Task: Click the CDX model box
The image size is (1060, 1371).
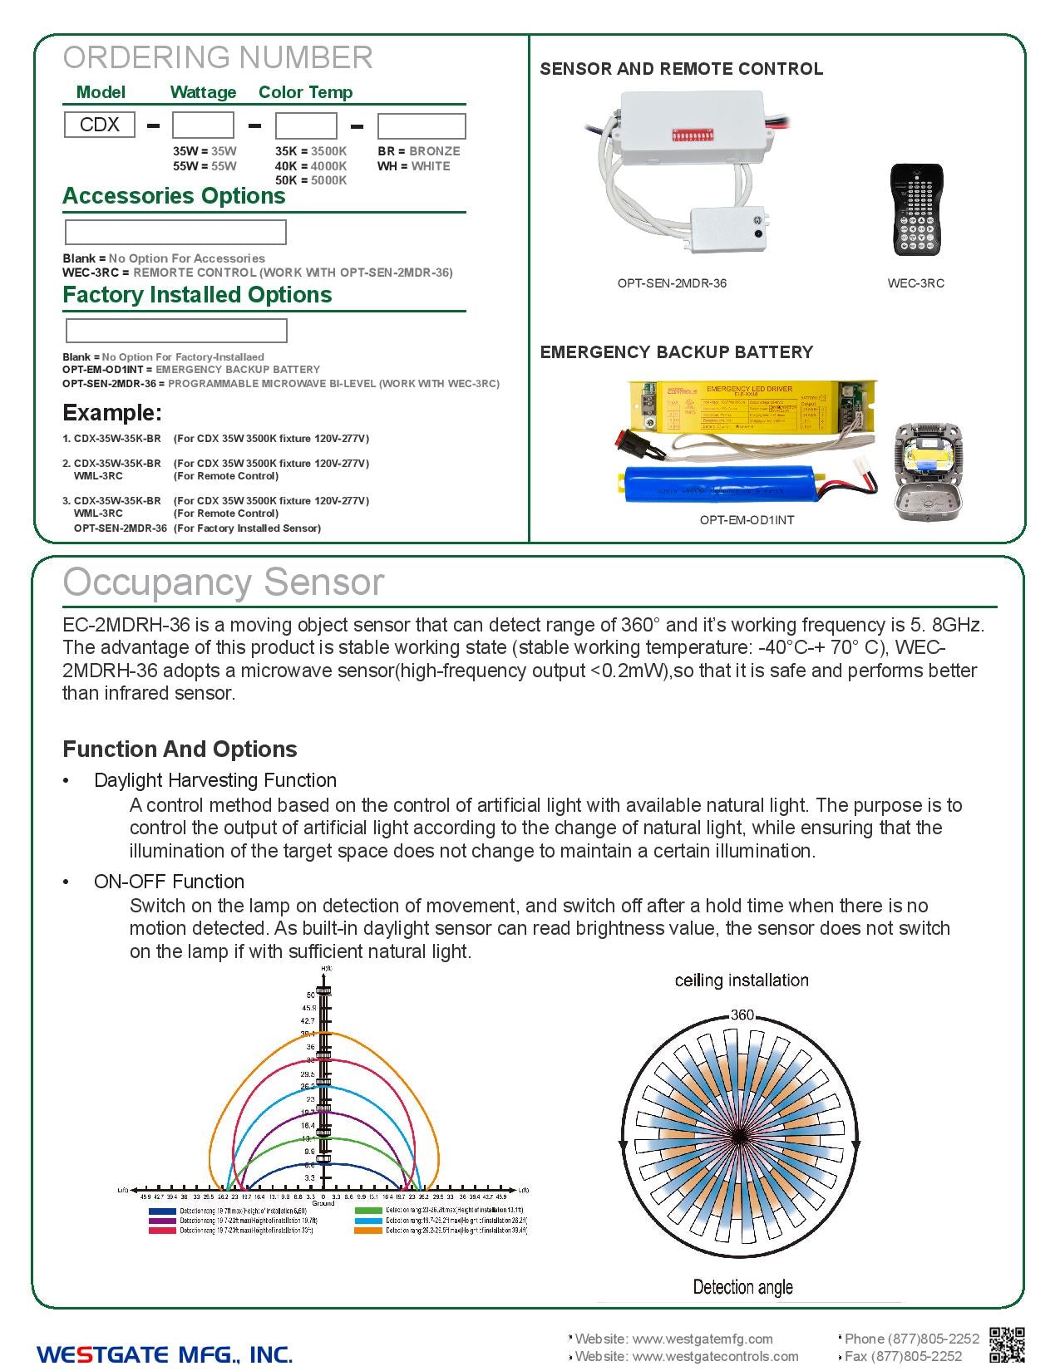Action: pyautogui.click(x=99, y=125)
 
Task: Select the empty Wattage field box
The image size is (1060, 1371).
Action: pyautogui.click(x=203, y=125)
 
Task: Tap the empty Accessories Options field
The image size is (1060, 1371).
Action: pyautogui.click(x=175, y=232)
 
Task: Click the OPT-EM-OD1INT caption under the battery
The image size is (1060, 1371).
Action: pyautogui.click(x=747, y=520)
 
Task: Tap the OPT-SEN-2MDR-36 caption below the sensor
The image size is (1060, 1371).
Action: pyautogui.click(x=672, y=283)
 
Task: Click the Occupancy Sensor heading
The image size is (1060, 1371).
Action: pyautogui.click(x=224, y=582)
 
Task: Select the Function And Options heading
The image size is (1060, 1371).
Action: pyautogui.click(x=180, y=749)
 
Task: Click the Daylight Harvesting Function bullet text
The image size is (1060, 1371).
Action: pyautogui.click(x=214, y=780)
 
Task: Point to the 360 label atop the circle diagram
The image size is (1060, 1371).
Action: pyautogui.click(x=742, y=1015)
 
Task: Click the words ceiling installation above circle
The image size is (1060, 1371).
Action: pyautogui.click(x=742, y=980)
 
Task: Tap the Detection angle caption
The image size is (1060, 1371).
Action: pyautogui.click(x=742, y=1287)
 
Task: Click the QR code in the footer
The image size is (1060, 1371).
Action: pyautogui.click(x=1007, y=1345)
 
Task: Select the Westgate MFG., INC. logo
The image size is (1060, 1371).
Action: pyautogui.click(x=165, y=1354)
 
